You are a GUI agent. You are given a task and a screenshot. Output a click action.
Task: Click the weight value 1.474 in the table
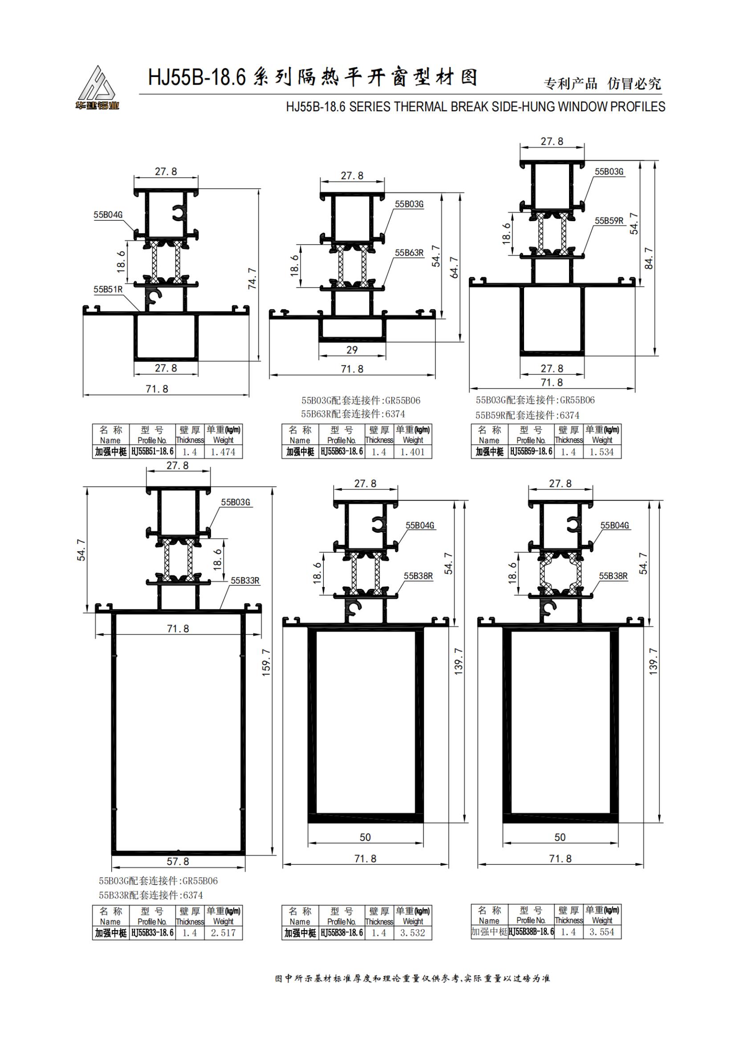[x=223, y=452]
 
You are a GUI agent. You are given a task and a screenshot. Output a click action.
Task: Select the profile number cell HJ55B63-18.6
[x=342, y=452]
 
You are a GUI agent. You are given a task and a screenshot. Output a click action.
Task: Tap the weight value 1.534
[x=602, y=452]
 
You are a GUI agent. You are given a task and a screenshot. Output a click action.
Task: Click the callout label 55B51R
[x=108, y=289]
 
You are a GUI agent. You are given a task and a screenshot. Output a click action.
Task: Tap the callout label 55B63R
[x=409, y=253]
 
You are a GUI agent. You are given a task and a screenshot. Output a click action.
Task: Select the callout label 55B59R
[x=609, y=221]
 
